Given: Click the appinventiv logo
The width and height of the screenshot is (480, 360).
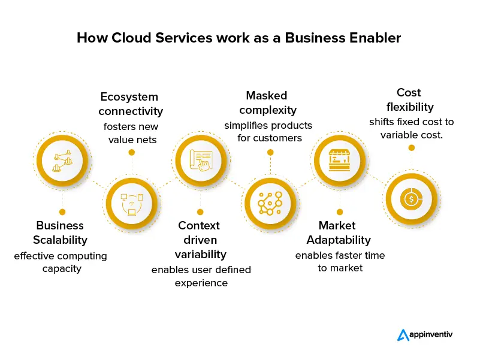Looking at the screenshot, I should pyautogui.click(x=425, y=334).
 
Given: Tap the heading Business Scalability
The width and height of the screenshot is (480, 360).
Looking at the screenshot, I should pyautogui.click(x=61, y=232).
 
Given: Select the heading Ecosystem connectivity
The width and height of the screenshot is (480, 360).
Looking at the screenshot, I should pyautogui.click(x=131, y=104).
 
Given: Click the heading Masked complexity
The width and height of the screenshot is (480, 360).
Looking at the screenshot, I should pyautogui.click(x=267, y=102).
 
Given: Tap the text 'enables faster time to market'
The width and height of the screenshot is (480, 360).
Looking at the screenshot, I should pyautogui.click(x=340, y=262).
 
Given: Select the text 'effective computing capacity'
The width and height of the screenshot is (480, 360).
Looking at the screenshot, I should pyautogui.click(x=61, y=262).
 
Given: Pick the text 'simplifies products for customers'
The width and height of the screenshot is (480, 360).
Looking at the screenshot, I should pyautogui.click(x=268, y=132).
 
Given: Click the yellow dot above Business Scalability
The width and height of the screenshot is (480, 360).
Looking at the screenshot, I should pyautogui.click(x=62, y=211).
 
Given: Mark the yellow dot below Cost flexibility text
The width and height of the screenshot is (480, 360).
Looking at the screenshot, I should pyautogui.click(x=411, y=147).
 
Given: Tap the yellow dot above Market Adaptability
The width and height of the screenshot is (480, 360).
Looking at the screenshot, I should pyautogui.click(x=340, y=211).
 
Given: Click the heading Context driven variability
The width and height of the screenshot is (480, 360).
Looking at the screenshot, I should pyautogui.click(x=200, y=239).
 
